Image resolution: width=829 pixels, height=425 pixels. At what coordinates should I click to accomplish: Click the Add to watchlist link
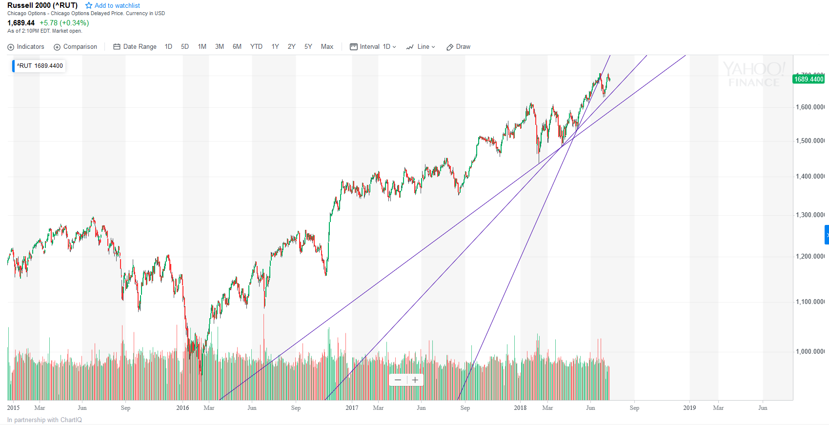(113, 5)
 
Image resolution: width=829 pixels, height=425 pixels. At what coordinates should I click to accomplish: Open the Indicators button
(26, 47)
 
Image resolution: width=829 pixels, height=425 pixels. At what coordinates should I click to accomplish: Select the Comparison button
(75, 47)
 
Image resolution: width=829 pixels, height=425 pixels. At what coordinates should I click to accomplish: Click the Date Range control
(135, 47)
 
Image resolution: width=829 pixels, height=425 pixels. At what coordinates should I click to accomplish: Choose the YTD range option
(256, 47)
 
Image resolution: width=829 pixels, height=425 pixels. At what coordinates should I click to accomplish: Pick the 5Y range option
(308, 47)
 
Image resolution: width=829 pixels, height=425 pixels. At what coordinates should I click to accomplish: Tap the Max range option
(327, 47)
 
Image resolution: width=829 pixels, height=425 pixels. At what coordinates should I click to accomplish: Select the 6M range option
(237, 47)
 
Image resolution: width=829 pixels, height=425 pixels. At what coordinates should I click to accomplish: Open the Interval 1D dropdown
(373, 47)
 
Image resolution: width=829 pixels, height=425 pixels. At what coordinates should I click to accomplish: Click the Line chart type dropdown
(421, 47)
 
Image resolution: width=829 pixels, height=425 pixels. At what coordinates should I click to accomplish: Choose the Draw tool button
(459, 47)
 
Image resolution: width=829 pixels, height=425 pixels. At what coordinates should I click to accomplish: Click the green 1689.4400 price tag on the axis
(809, 79)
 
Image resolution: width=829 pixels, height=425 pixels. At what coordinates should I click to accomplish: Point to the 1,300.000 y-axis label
(810, 215)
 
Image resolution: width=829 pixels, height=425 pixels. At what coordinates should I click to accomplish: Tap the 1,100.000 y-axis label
(810, 302)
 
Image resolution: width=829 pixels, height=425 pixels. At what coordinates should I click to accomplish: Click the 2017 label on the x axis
(352, 408)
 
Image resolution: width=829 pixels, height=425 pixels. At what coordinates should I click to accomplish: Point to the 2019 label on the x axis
(689, 408)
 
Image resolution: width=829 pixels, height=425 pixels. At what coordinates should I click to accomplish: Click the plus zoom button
(415, 380)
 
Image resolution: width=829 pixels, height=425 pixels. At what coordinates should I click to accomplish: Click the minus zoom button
(398, 380)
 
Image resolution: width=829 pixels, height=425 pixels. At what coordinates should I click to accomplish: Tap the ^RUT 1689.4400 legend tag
(40, 66)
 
